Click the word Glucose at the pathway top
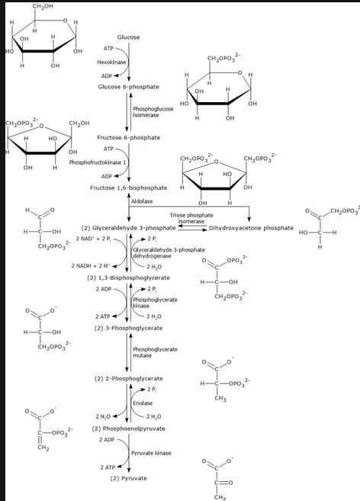click(128, 37)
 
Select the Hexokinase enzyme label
click(110, 62)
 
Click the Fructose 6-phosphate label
click(128, 137)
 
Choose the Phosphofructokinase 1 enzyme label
click(98, 162)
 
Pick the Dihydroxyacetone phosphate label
click(251, 227)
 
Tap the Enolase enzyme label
click(143, 403)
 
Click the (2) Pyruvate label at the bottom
click(128, 478)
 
